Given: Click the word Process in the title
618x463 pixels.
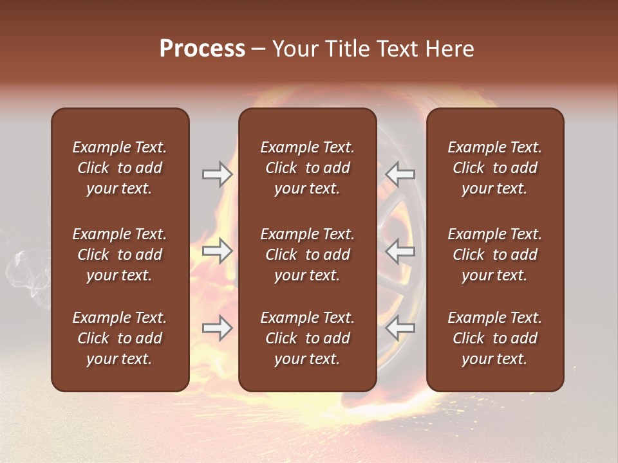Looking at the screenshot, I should click(x=202, y=49).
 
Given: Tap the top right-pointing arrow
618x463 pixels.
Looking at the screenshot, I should click(x=218, y=174).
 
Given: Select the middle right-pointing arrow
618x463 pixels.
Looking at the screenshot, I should click(x=218, y=251).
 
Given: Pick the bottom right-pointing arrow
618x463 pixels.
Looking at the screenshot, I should click(x=218, y=328).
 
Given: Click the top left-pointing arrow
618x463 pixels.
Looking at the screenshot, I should click(x=400, y=174).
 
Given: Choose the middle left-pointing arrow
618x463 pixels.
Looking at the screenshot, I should click(x=400, y=251).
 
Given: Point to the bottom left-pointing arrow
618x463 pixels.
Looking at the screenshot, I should click(x=400, y=328).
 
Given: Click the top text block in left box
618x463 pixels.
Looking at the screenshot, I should click(x=120, y=168).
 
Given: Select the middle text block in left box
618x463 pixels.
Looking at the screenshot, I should click(x=120, y=255).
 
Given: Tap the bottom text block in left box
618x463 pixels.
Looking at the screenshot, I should click(x=120, y=338).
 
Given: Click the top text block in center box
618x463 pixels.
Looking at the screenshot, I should click(x=307, y=168).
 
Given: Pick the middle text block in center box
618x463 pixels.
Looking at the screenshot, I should click(x=307, y=255).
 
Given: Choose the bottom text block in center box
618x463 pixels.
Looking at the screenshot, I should click(x=307, y=338).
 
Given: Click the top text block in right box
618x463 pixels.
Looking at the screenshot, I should click(x=494, y=168).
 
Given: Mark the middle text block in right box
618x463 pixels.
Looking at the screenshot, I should click(x=494, y=255).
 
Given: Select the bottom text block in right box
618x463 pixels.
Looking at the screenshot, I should click(x=494, y=338).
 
